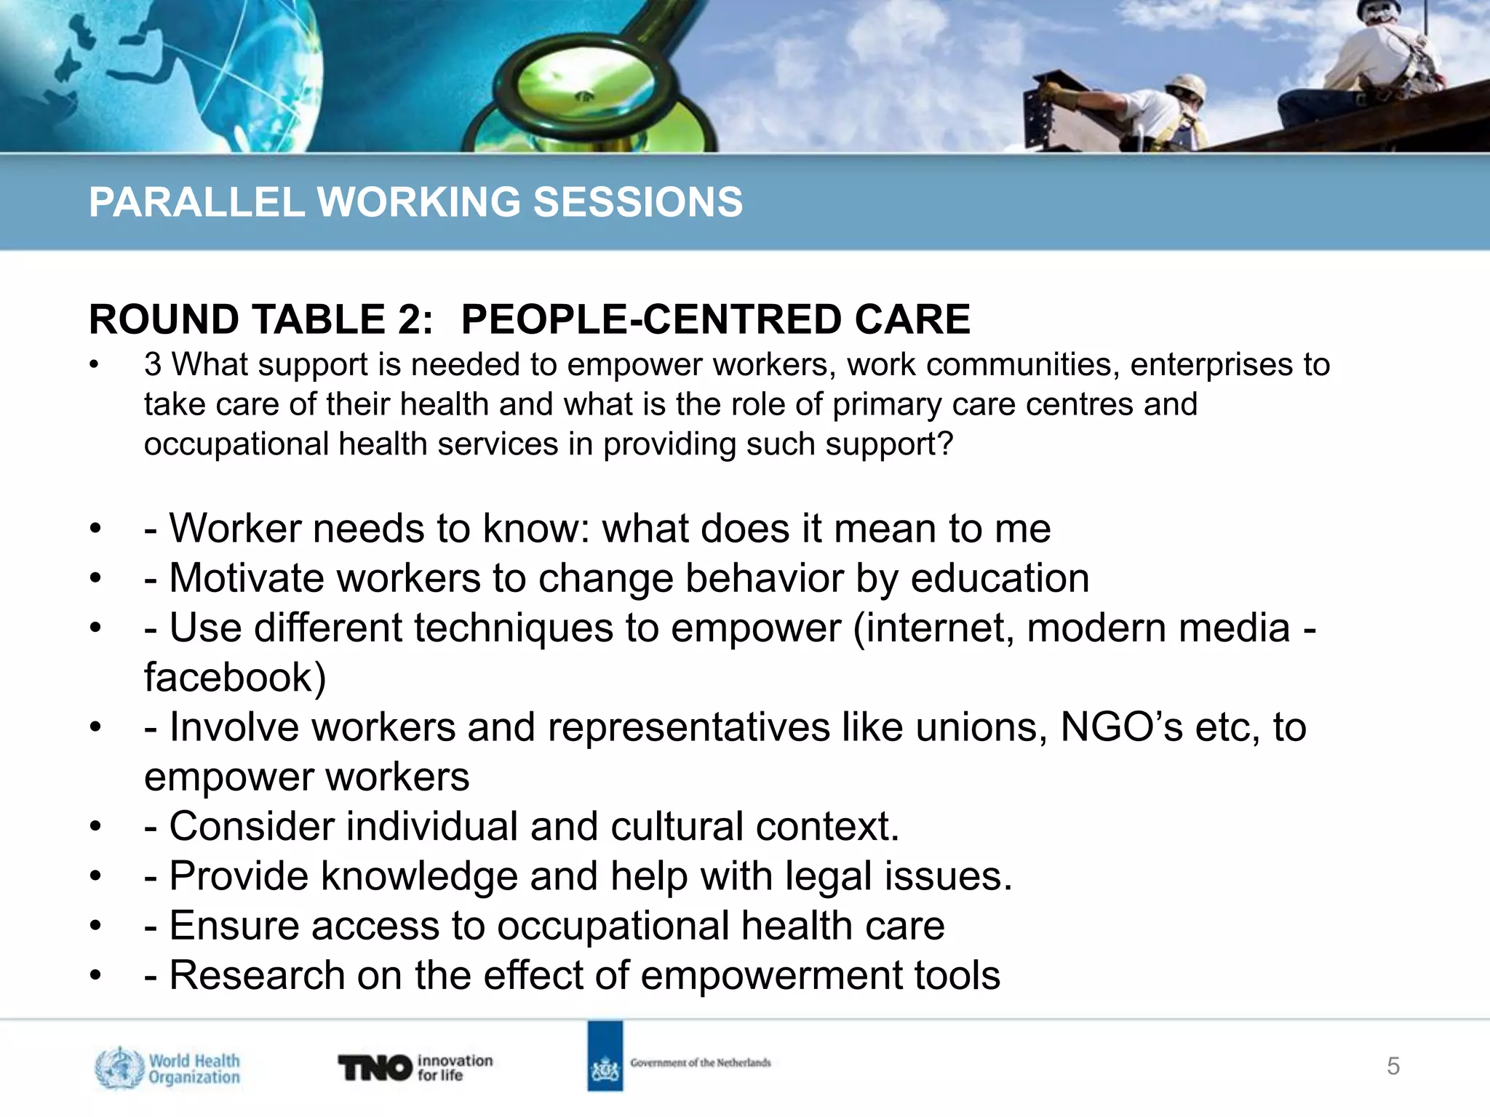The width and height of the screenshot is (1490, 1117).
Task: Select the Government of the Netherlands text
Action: coord(700,1062)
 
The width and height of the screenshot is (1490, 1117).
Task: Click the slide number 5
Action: coord(1393,1066)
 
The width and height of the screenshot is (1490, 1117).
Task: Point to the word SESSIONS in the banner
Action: coord(638,202)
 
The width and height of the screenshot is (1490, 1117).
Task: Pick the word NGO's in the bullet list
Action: coord(1121,726)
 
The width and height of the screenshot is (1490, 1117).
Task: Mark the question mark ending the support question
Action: coord(945,444)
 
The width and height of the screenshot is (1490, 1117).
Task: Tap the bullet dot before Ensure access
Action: coord(95,926)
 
